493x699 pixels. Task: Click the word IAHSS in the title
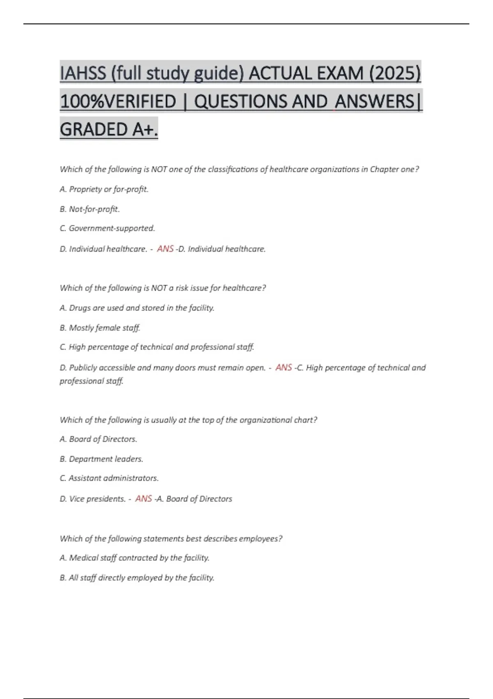coord(83,74)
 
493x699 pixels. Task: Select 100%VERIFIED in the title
coord(118,102)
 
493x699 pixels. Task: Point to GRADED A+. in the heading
coord(109,130)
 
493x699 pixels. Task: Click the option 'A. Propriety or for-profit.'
coord(104,189)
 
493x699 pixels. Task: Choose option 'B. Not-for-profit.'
coord(90,209)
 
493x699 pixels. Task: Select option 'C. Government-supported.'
coord(107,228)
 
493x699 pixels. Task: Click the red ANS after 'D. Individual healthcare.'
coord(165,249)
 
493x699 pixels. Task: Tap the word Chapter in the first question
coord(385,169)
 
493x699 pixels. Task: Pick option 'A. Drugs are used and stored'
coord(137,308)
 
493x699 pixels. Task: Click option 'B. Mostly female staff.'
coord(100,328)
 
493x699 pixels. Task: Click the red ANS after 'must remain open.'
coord(283,367)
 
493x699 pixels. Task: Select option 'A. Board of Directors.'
coord(98,439)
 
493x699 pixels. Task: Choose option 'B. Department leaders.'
coord(101,459)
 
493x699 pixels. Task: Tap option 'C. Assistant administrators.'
coord(109,478)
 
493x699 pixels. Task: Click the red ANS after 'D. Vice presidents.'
coord(143,498)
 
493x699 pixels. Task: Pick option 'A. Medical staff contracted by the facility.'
coord(134,558)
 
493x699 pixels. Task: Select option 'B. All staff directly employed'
coord(137,578)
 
